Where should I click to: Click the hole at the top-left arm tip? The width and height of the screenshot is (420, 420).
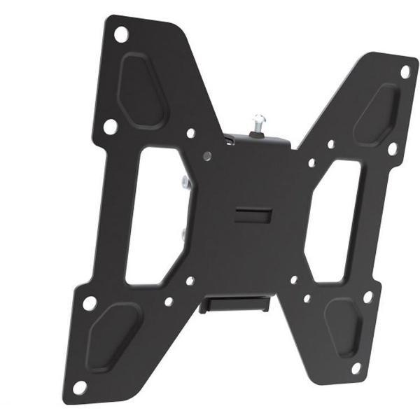click(x=120, y=32)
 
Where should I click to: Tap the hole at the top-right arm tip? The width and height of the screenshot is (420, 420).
click(x=405, y=71)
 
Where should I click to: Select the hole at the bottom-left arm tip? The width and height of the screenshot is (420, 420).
click(x=80, y=386)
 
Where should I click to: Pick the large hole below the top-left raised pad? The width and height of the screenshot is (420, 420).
click(x=110, y=127)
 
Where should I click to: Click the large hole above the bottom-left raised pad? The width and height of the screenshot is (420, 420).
click(x=90, y=303)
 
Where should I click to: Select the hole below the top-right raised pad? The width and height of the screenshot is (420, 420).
click(x=392, y=148)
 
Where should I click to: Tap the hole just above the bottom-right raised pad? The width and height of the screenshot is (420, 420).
click(x=367, y=296)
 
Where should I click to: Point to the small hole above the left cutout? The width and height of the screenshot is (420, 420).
click(x=190, y=132)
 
